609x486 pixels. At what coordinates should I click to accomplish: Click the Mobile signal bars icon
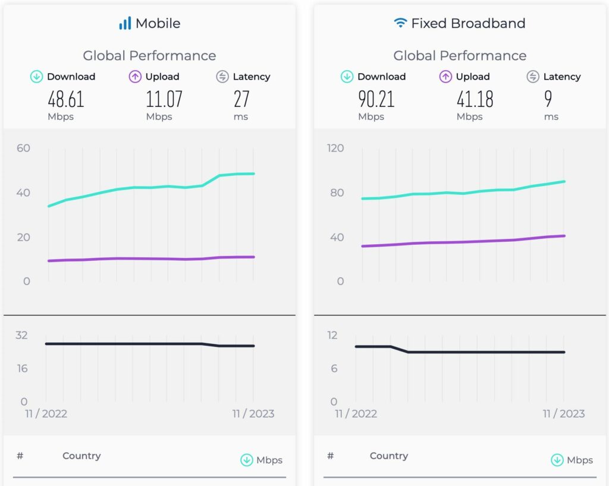pos(125,24)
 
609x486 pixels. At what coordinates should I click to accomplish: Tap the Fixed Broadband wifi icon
pos(400,23)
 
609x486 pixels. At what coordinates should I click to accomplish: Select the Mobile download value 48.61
pos(65,99)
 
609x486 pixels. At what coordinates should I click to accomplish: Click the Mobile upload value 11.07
pos(164,99)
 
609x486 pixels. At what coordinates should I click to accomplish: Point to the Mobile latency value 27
pos(241,99)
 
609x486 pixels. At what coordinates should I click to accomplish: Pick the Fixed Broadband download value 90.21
pos(376,99)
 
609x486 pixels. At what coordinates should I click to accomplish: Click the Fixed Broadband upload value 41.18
pos(475,99)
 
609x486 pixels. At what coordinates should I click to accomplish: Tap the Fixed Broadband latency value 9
pos(548,99)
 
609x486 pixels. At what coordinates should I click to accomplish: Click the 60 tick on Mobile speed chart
pos(23,148)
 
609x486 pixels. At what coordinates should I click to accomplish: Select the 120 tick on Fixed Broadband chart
pos(335,148)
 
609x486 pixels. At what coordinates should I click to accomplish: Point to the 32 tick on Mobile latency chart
pos(21,335)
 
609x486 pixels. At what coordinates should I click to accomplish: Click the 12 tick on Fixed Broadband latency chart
pos(332,335)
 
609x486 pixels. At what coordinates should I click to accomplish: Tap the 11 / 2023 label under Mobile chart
pos(253,414)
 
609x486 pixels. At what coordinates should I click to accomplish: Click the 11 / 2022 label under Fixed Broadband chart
pos(356,414)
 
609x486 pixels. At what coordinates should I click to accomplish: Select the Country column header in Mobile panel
pos(81,456)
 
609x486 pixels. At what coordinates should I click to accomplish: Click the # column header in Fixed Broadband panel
pos(330,456)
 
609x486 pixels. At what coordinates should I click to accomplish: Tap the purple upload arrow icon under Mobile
pos(135,77)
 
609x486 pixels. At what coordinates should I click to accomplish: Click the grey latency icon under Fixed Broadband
pos(533,77)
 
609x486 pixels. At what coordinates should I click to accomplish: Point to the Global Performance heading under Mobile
pos(149,56)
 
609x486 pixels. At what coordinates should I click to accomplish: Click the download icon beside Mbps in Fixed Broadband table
pos(557,460)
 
